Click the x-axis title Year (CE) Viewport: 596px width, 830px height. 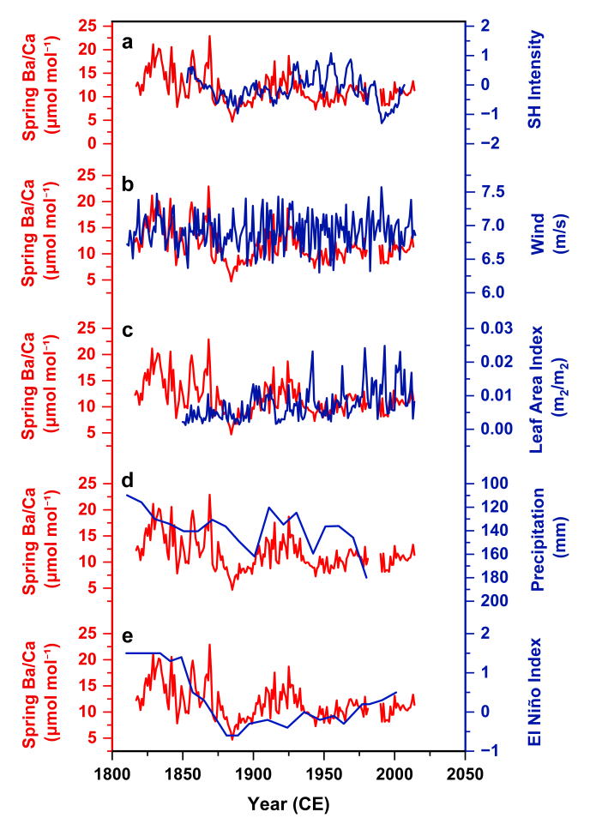[288, 805]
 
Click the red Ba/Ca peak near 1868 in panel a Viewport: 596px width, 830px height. [208, 36]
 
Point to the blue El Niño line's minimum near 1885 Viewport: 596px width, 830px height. [232, 736]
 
